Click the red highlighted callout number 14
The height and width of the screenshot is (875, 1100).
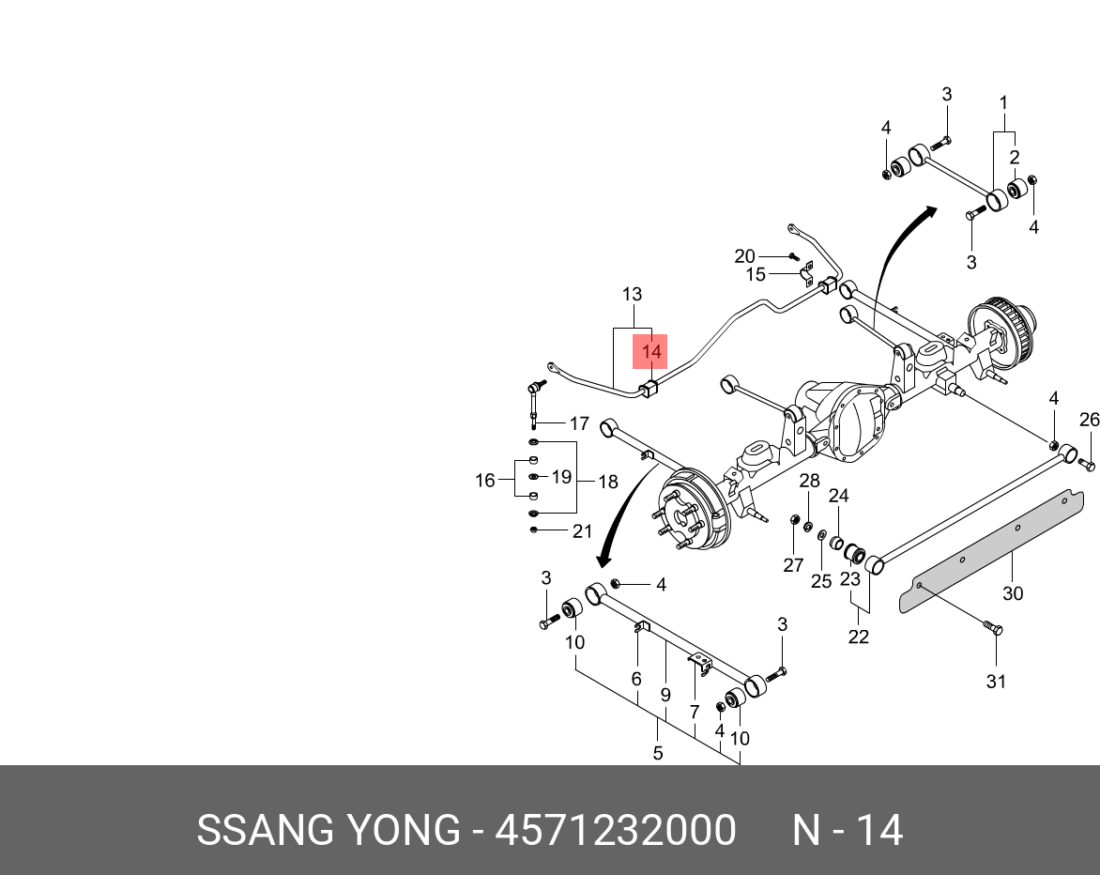click(x=651, y=352)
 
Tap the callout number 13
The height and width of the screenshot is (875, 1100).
click(x=632, y=294)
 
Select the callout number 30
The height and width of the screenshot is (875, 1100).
click(x=1013, y=593)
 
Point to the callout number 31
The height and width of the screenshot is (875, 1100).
click(x=996, y=682)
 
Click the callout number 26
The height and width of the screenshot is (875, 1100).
click(x=1089, y=420)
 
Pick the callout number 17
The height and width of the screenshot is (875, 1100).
click(x=579, y=423)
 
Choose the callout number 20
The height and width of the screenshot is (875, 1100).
click(x=744, y=256)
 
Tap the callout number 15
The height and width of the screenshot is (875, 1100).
click(x=756, y=275)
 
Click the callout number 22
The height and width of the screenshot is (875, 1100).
click(x=858, y=637)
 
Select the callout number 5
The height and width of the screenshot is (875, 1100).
click(x=657, y=752)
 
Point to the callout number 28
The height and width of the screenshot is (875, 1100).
click(x=809, y=482)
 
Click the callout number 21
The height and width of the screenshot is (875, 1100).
click(x=583, y=531)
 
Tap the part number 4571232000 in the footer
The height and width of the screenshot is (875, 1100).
click(x=615, y=831)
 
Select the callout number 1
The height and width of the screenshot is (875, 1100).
click(x=1003, y=102)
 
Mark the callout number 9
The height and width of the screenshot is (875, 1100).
click(x=665, y=696)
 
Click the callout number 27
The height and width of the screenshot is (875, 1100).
click(x=793, y=564)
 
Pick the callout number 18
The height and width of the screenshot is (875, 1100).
click(x=608, y=482)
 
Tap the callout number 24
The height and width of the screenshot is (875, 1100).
click(x=838, y=496)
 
